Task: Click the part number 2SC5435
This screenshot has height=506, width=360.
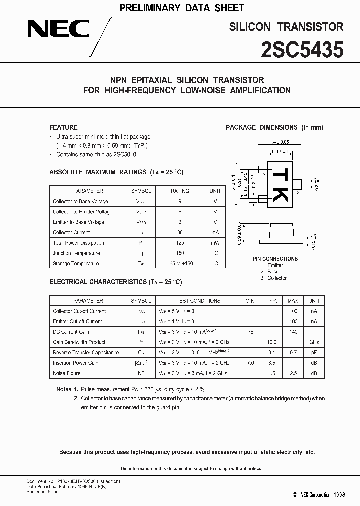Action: [303, 50]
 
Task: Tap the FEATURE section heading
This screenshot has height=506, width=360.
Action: [63, 127]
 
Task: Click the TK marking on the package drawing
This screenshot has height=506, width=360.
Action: [279, 184]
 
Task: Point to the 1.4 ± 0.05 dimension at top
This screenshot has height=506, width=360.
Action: [279, 142]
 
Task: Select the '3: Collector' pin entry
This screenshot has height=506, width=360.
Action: [273, 278]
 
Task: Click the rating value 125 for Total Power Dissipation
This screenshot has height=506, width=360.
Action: [180, 243]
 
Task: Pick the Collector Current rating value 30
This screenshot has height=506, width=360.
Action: [180, 232]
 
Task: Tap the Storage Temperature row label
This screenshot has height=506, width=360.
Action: [76, 263]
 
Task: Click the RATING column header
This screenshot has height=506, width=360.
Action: [180, 191]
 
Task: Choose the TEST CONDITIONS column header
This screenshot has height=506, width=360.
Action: [198, 301]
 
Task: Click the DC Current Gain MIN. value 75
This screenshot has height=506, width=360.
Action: [250, 332]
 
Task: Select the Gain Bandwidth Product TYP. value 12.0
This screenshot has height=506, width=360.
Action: [272, 342]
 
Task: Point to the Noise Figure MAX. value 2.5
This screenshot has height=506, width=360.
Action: [293, 373]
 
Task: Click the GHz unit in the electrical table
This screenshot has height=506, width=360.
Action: [314, 342]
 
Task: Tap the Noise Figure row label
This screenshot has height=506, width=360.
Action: [67, 373]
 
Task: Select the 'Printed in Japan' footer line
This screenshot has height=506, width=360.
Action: [42, 492]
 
